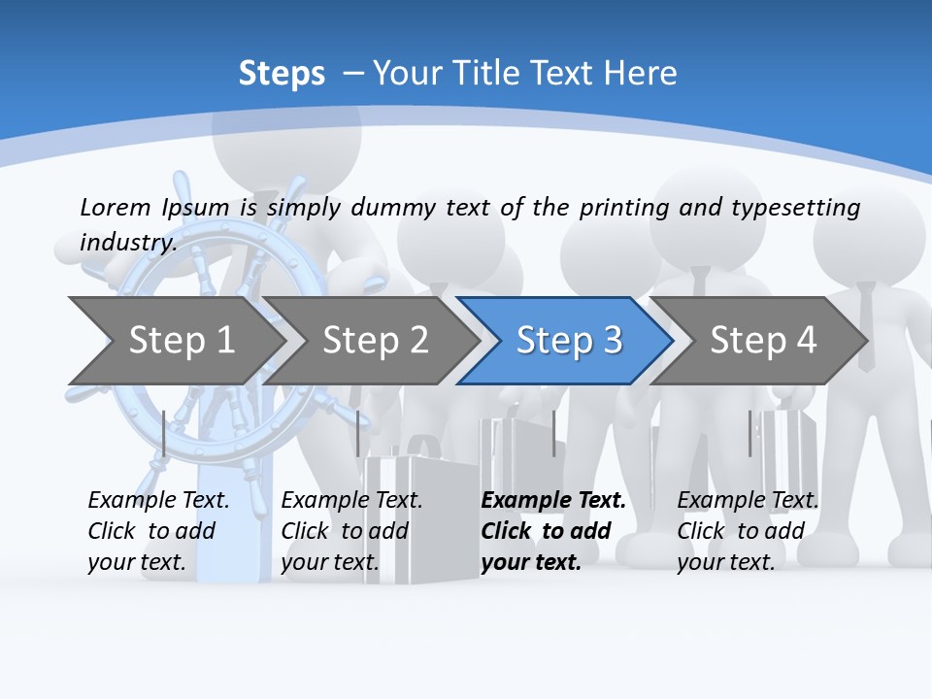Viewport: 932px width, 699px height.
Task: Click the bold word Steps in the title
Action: pyautogui.click(x=282, y=74)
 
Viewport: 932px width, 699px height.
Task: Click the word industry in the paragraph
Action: pyautogui.click(x=127, y=243)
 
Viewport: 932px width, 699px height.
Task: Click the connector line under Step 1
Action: pyautogui.click(x=164, y=433)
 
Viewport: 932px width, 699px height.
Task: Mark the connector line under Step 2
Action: pyautogui.click(x=358, y=433)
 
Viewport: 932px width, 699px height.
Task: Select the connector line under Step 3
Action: pyautogui.click(x=553, y=433)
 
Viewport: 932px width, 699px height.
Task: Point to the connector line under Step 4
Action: pyautogui.click(x=749, y=433)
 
